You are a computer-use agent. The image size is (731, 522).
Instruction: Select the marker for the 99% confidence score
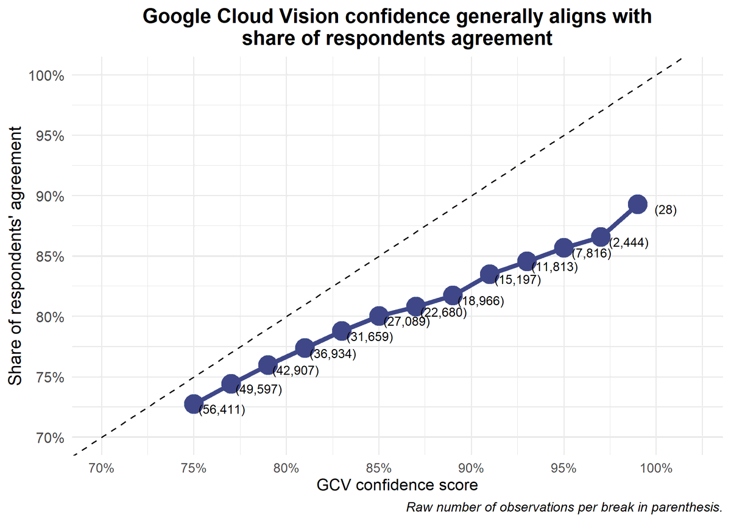637,204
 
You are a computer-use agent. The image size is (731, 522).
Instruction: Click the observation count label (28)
666,210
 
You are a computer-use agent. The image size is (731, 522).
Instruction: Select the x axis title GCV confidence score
397,486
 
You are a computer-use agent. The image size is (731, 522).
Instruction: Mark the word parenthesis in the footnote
690,507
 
